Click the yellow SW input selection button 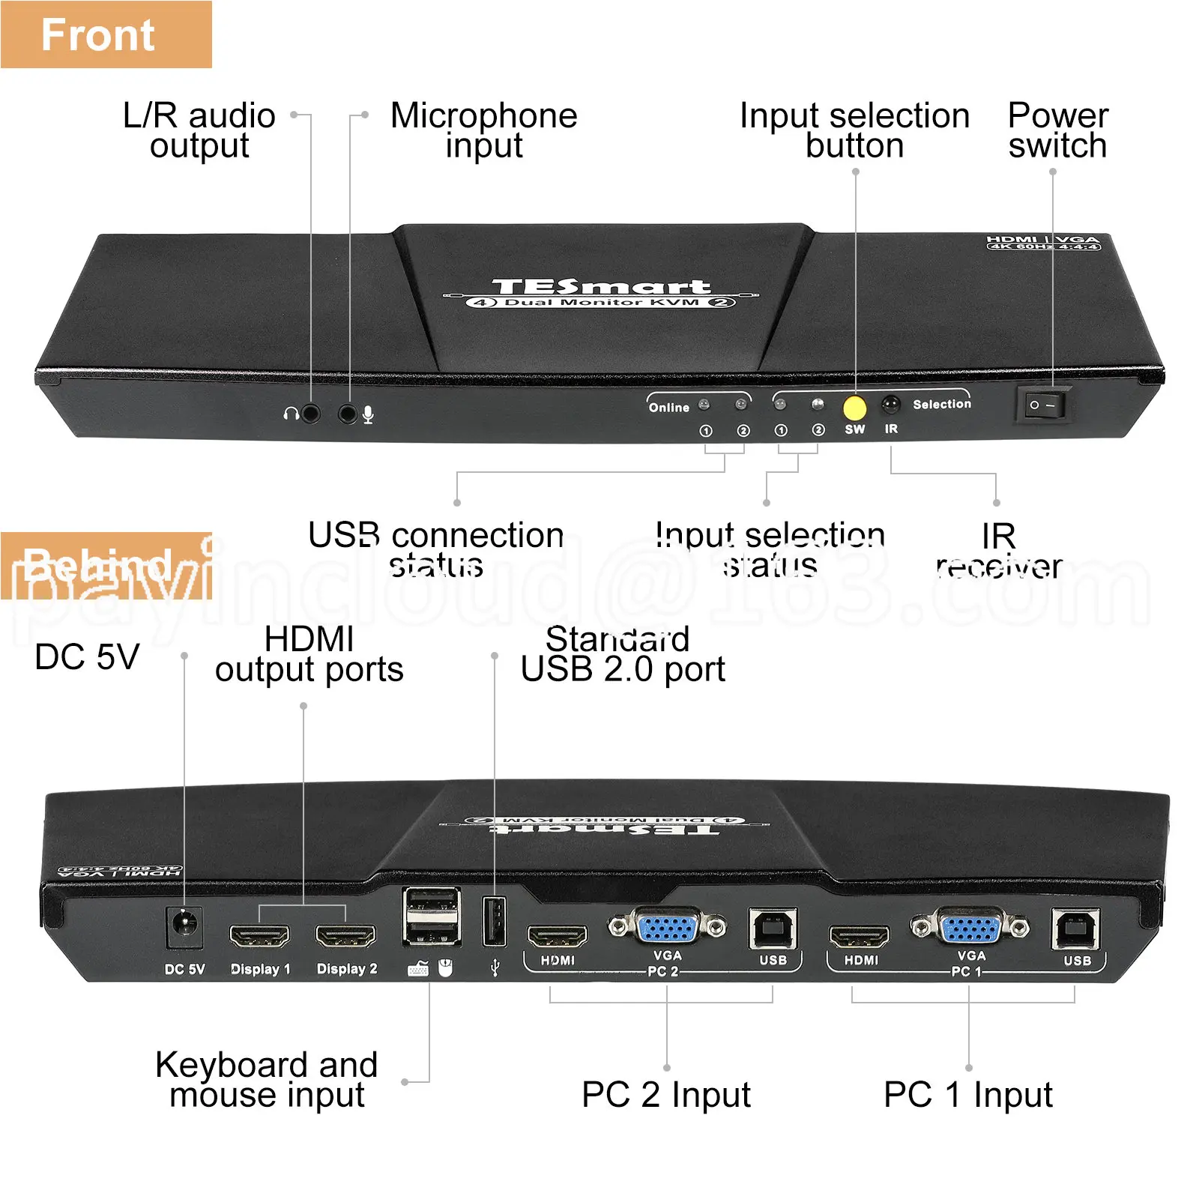pyautogui.click(x=854, y=408)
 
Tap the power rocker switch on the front pyautogui.click(x=1043, y=405)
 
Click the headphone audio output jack pyautogui.click(x=309, y=413)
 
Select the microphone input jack pyautogui.click(x=347, y=413)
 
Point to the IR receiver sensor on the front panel pyautogui.click(x=890, y=405)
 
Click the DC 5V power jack pyautogui.click(x=184, y=928)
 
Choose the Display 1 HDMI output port pyautogui.click(x=259, y=937)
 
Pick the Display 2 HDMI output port pyautogui.click(x=345, y=937)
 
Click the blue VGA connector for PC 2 pyautogui.click(x=668, y=928)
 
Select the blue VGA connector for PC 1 pyautogui.click(x=970, y=928)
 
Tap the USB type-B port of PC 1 pyautogui.click(x=1075, y=930)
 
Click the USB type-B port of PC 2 pyautogui.click(x=773, y=930)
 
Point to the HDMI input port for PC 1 pyautogui.click(x=859, y=937)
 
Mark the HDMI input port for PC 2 pyautogui.click(x=558, y=937)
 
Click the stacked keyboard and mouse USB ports pyautogui.click(x=432, y=916)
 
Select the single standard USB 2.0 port pyautogui.click(x=494, y=921)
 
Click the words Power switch pyautogui.click(x=1057, y=130)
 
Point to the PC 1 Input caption pyautogui.click(x=967, y=1095)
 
